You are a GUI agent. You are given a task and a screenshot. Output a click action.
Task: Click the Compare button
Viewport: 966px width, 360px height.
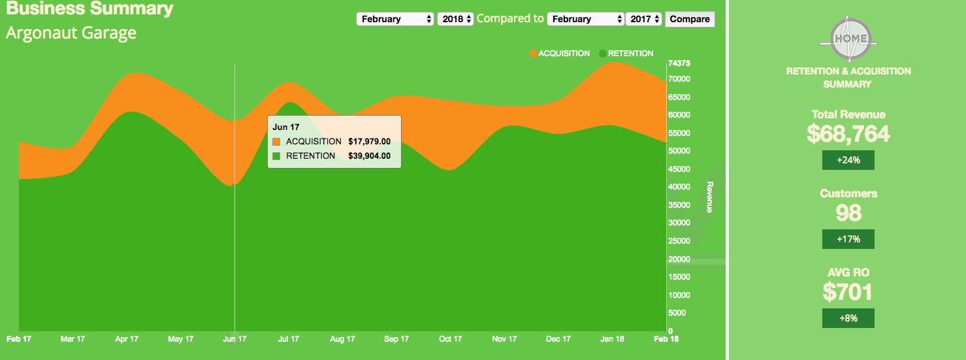(690, 19)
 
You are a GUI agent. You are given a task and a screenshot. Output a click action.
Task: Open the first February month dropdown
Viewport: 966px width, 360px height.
(396, 19)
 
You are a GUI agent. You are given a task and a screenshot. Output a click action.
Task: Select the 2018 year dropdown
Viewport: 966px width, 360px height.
(455, 19)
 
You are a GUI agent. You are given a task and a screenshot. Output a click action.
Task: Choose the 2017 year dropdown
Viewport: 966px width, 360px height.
(644, 19)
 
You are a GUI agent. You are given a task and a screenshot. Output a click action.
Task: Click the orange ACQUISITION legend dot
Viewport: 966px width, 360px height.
(534, 54)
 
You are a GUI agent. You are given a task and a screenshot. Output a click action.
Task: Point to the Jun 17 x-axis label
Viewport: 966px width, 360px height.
(234, 339)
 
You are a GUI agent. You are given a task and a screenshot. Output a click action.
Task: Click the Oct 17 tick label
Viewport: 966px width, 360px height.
(450, 339)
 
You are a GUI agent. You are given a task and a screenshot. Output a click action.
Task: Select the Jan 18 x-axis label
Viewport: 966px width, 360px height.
(612, 339)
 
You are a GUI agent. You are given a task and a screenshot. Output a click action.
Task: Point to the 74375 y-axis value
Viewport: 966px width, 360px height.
(679, 63)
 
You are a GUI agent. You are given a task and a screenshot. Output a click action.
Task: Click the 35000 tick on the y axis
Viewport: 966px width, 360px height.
(679, 205)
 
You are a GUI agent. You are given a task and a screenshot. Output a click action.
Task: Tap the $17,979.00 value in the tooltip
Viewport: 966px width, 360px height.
(369, 141)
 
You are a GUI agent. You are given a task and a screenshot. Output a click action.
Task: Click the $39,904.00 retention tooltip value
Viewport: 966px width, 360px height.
(369, 155)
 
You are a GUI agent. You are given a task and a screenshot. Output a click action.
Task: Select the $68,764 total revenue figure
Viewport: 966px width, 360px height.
(848, 133)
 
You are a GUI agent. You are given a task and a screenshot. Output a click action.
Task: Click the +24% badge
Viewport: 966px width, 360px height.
(848, 160)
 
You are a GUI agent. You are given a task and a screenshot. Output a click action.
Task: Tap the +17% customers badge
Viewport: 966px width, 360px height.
(848, 239)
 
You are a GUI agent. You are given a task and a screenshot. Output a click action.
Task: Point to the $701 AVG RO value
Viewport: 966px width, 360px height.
(848, 291)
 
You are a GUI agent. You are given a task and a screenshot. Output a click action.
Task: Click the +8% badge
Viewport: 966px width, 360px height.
(848, 318)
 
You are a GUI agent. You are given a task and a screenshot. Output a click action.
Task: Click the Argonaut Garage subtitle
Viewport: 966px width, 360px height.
(71, 33)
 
